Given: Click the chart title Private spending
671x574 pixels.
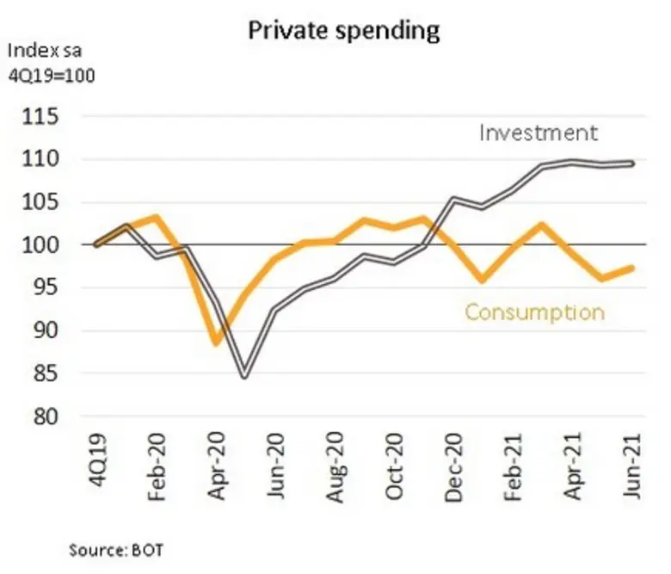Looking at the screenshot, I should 343,30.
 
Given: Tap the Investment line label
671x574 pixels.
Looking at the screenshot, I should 538,133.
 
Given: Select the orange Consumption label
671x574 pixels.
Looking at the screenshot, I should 534,312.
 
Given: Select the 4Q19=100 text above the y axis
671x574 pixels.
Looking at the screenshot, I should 50,76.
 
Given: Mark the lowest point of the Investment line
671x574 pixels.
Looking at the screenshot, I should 245,376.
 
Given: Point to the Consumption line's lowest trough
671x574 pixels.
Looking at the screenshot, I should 216,343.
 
